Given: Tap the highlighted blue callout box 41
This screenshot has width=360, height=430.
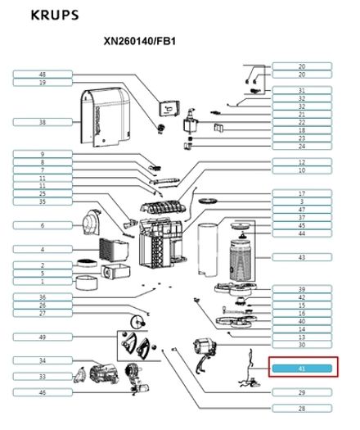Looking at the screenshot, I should (x=301, y=369).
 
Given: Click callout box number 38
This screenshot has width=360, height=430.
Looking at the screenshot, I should (x=43, y=122).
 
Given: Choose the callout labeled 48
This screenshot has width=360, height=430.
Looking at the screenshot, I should (x=43, y=75).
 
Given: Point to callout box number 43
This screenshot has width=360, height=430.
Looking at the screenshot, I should (x=301, y=257).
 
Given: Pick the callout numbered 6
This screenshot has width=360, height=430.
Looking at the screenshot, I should (x=43, y=225).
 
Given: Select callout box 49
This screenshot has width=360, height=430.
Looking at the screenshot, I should (x=43, y=337).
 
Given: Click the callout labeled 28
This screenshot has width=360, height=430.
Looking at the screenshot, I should (x=301, y=408).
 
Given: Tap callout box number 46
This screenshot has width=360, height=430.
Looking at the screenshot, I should (x=43, y=393).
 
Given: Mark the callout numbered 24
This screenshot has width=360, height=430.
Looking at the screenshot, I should (x=301, y=147).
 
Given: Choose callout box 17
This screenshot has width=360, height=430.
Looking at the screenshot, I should (x=301, y=193).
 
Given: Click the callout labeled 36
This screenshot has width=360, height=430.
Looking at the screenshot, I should (x=43, y=296).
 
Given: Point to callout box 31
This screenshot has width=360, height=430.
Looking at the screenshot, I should (x=301, y=90).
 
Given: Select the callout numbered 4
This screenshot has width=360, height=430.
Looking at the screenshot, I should (x=43, y=249).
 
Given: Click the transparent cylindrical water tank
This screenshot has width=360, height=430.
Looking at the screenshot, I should (x=211, y=251).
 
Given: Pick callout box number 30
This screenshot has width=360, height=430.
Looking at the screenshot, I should (x=301, y=345).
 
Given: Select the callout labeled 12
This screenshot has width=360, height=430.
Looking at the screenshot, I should (x=301, y=162).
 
